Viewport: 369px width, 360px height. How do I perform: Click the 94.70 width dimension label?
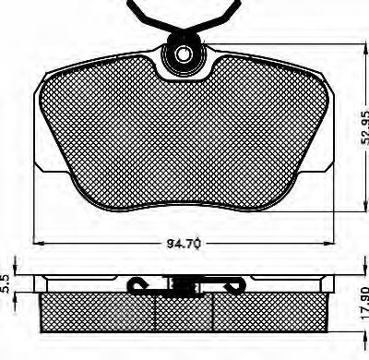(x=184, y=244)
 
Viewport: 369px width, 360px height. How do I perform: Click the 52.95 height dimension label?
(x=364, y=127)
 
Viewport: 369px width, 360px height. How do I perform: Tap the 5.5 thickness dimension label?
(x=6, y=283)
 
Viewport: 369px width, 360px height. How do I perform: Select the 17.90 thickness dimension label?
(x=364, y=303)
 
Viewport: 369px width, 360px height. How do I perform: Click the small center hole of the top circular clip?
(x=183, y=54)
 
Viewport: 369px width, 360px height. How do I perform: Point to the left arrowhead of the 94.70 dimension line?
(x=39, y=243)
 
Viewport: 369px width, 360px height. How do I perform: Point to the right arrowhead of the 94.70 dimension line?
(x=328, y=243)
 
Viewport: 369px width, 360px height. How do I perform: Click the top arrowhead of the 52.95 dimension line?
(x=366, y=50)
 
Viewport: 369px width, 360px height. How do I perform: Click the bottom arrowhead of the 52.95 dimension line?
(x=366, y=205)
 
